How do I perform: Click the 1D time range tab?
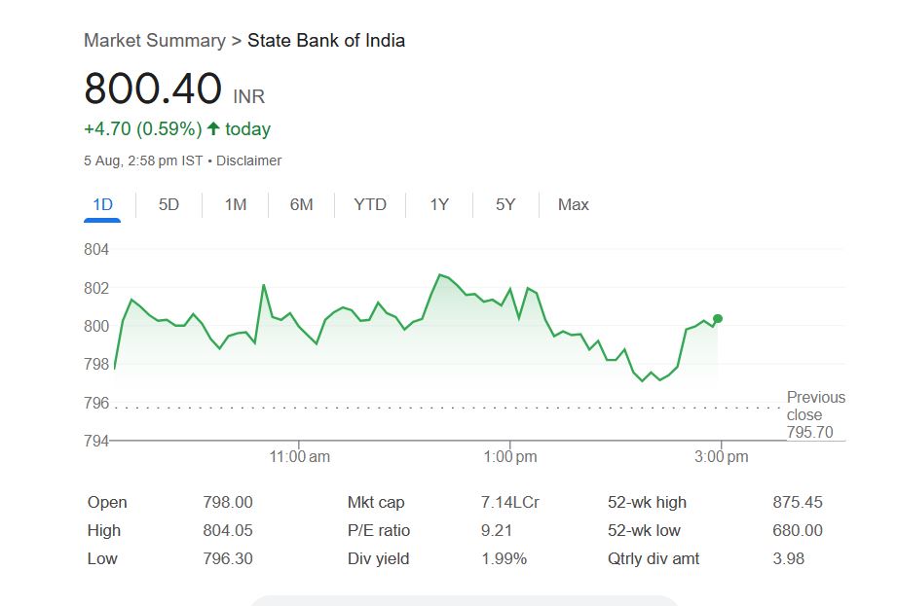click(x=102, y=204)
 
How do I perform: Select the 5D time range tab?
click(x=168, y=204)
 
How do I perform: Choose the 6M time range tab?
click(x=301, y=204)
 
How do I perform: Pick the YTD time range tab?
click(x=370, y=204)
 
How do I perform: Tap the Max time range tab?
click(x=573, y=204)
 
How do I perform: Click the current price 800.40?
click(x=153, y=89)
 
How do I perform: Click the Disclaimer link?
click(x=248, y=160)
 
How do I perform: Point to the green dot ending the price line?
click(x=718, y=318)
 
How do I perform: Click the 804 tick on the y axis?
click(x=96, y=250)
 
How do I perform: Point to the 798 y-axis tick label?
click(x=96, y=364)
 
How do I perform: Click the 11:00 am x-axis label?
click(x=299, y=456)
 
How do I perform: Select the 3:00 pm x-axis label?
click(x=722, y=456)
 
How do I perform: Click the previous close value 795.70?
click(x=810, y=432)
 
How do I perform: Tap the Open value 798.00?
click(x=227, y=502)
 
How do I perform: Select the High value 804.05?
click(x=227, y=530)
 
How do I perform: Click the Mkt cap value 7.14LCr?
click(x=510, y=502)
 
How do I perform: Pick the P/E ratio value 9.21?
click(x=497, y=530)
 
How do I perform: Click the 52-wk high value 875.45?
click(x=797, y=502)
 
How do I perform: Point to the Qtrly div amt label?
click(x=653, y=558)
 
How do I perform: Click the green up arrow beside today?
click(x=214, y=128)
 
